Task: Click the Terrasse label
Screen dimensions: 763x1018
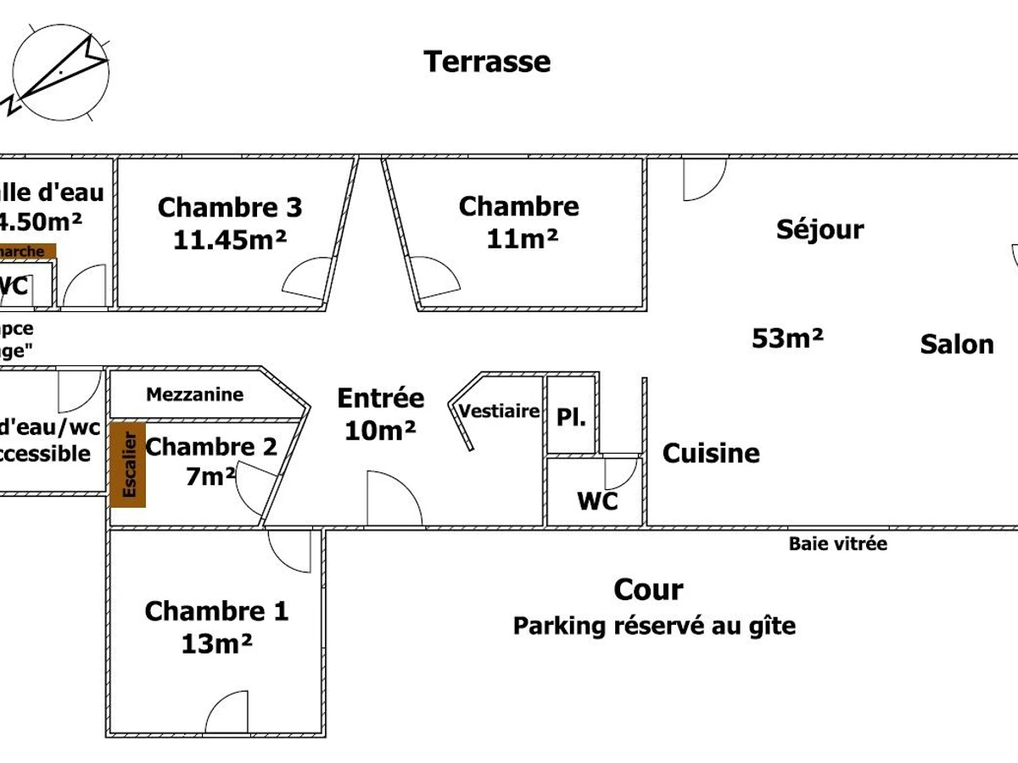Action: (x=487, y=62)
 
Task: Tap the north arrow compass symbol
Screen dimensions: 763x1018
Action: (x=59, y=73)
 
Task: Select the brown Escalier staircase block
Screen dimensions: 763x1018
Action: (x=128, y=464)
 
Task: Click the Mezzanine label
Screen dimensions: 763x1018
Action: (x=194, y=394)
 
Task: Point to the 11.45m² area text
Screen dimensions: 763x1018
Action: (x=230, y=239)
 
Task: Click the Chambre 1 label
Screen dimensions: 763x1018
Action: (x=216, y=610)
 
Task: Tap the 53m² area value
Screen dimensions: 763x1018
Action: (x=787, y=338)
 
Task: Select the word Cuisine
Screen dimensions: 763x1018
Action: (x=711, y=453)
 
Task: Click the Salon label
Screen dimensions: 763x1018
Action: (x=957, y=344)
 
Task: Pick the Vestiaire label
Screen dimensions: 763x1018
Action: (x=500, y=411)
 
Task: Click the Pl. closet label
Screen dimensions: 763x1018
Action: (x=572, y=417)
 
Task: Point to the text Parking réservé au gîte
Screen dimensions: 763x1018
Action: (x=654, y=627)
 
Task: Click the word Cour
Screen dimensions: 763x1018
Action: (x=648, y=589)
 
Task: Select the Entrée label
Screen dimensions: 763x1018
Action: (x=381, y=398)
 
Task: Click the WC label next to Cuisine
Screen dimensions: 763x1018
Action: (x=597, y=501)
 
